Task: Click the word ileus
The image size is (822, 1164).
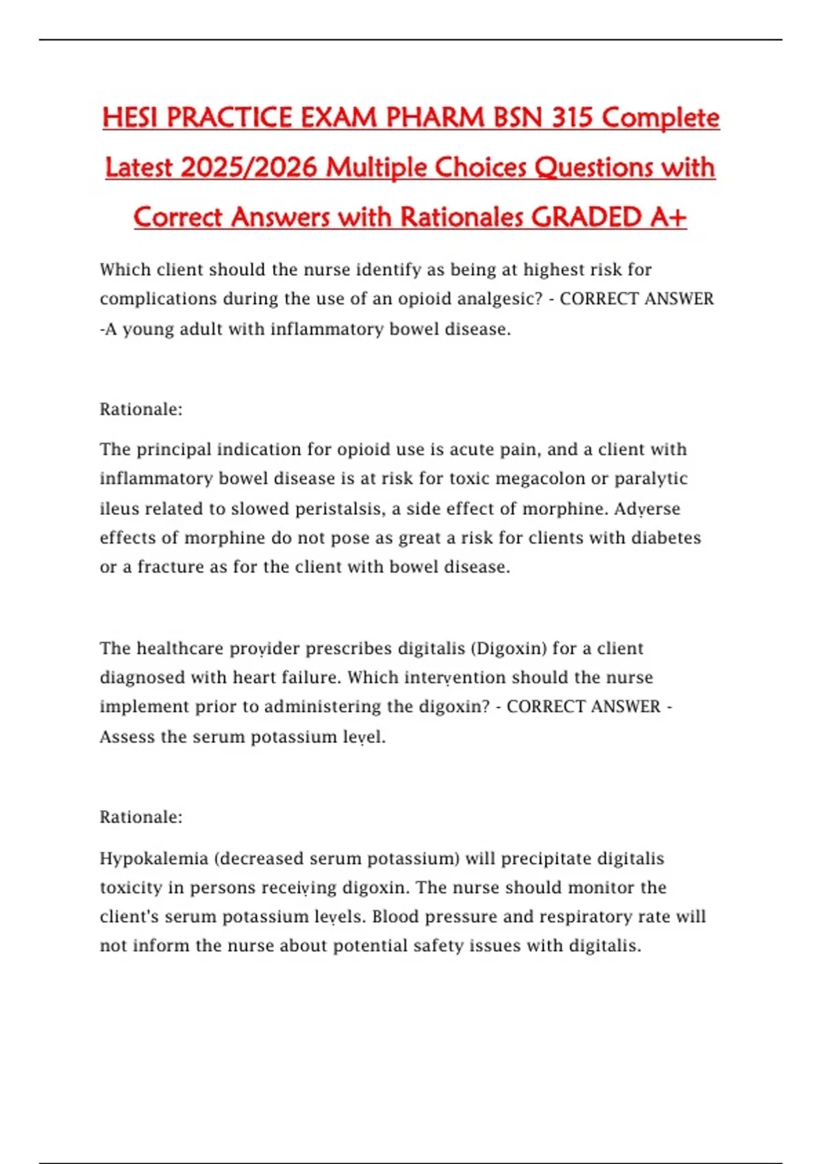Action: point(113,509)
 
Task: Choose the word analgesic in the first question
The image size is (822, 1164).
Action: point(497,299)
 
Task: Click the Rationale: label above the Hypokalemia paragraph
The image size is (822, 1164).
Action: point(141,817)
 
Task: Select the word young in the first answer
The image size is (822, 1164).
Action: point(146,329)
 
